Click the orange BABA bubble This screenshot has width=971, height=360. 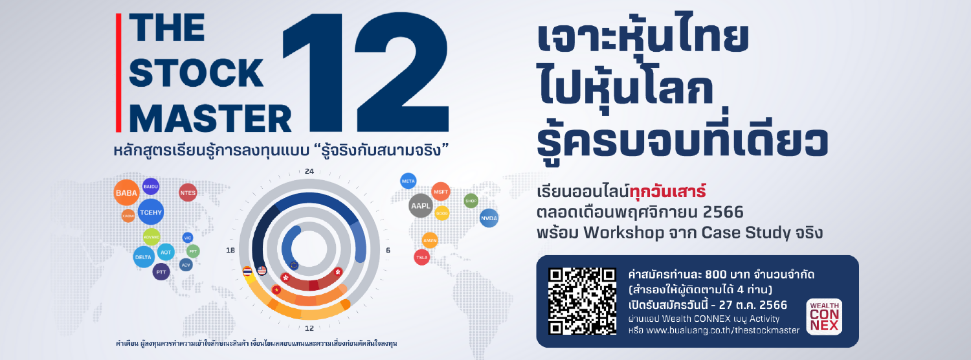(x=123, y=193)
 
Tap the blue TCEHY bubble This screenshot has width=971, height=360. (x=150, y=212)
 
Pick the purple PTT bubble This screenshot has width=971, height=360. (x=161, y=272)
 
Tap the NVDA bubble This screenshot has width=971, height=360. (x=489, y=218)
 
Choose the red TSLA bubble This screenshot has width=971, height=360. (x=422, y=256)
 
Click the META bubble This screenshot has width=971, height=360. (x=408, y=181)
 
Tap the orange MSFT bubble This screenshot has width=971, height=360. (x=441, y=192)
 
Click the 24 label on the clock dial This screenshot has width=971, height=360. (x=309, y=172)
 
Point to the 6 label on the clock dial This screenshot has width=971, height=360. (x=388, y=250)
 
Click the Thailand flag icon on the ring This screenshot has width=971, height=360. (x=247, y=271)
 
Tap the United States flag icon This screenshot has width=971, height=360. (x=262, y=271)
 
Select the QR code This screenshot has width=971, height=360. (x=583, y=300)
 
